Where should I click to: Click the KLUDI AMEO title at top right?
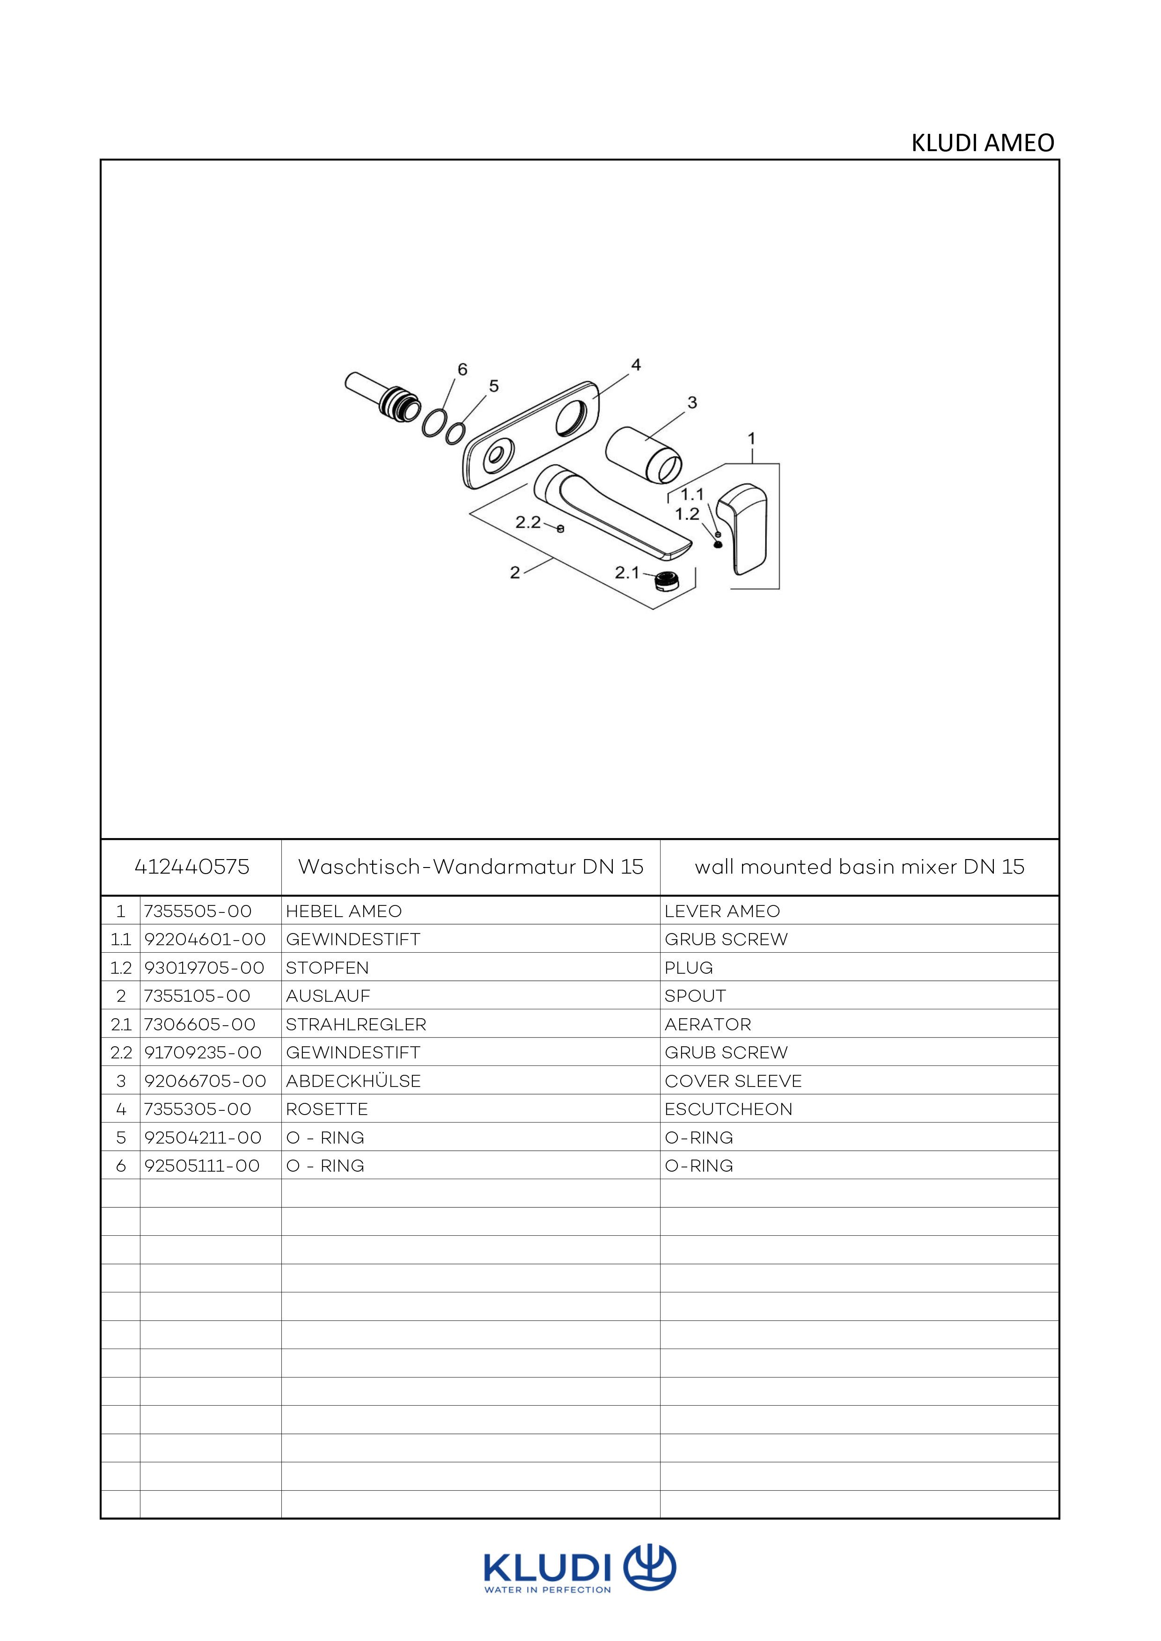pos(982,143)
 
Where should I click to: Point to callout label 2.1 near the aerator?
pos(627,572)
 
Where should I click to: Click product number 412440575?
pos(191,867)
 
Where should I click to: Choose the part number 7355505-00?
pos(198,911)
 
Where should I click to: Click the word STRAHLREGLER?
pos(356,1024)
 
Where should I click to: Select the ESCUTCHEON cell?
pos(728,1109)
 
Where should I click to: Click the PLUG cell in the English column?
pos(689,968)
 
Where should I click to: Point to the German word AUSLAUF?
pos(328,996)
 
